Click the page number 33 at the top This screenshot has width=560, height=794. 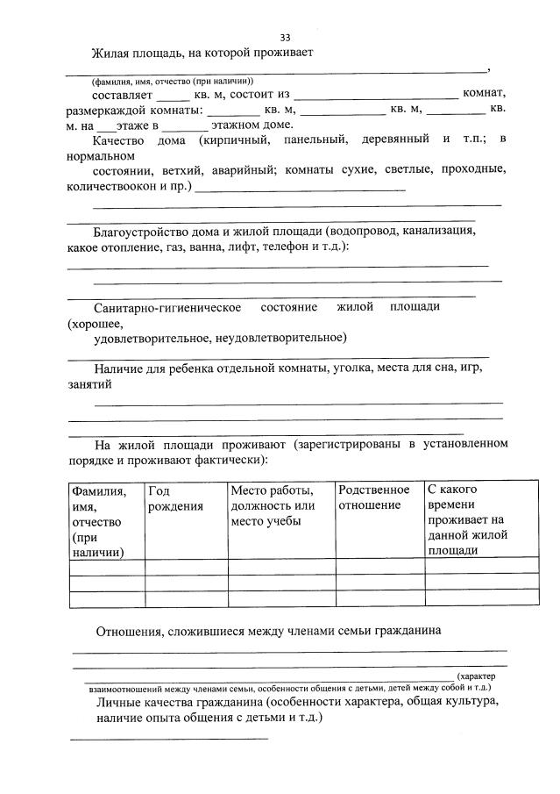285,38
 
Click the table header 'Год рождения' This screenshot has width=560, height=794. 175,499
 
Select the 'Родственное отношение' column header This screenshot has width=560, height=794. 373,497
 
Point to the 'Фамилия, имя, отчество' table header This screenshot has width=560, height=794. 98,521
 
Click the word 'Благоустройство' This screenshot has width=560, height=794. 138,232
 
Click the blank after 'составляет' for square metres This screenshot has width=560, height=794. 173,95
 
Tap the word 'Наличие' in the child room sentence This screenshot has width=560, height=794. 117,368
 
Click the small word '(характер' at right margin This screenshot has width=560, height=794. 483,676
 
